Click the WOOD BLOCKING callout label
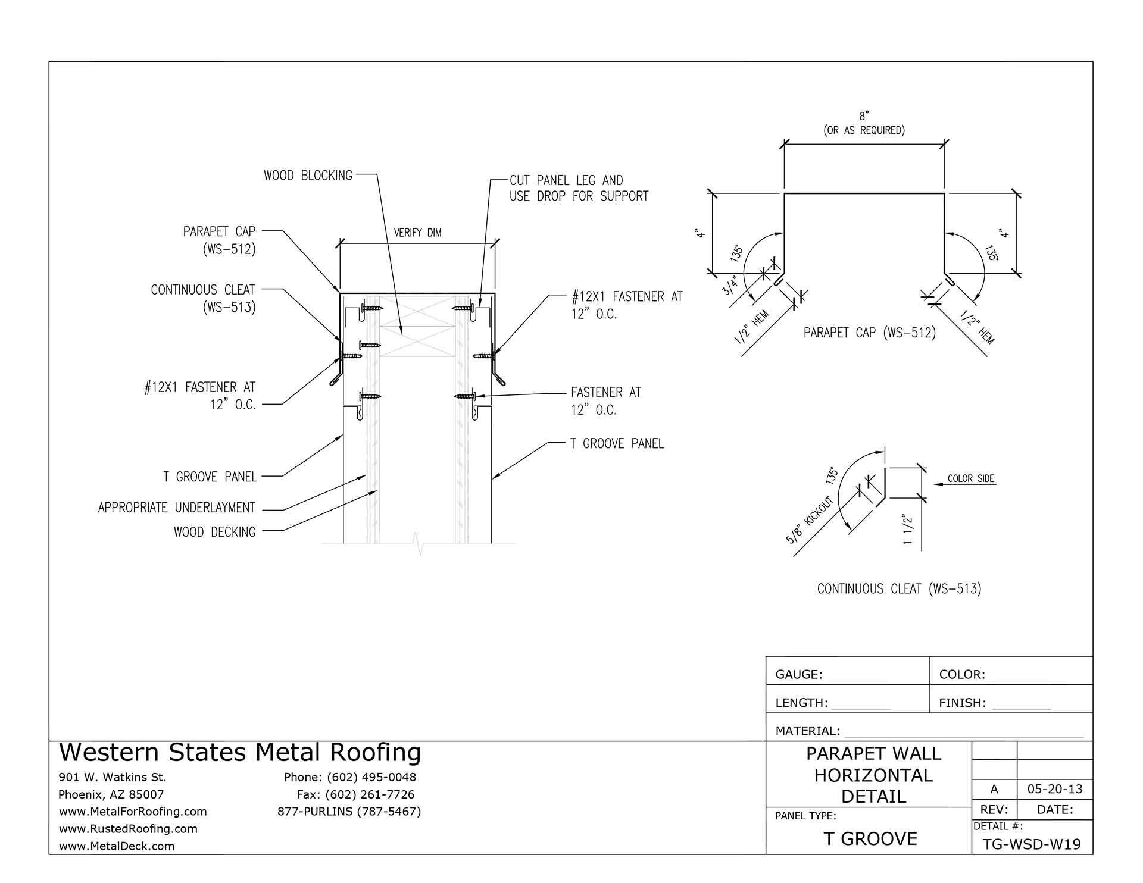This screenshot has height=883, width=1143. point(308,176)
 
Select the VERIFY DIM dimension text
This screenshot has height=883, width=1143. point(417,233)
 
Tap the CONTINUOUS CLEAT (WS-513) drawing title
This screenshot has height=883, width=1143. point(899,589)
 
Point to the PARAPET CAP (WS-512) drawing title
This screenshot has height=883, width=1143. point(869,333)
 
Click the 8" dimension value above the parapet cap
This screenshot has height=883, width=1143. point(864,117)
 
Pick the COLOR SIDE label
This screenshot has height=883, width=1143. point(971,478)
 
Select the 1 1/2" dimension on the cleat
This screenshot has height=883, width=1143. point(908,530)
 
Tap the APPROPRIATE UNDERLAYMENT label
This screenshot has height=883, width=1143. point(177,508)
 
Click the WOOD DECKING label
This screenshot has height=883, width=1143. point(214,532)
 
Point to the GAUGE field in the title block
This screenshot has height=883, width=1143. point(798,675)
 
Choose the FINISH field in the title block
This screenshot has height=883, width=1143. point(962,703)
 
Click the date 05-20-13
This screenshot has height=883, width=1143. point(1055,790)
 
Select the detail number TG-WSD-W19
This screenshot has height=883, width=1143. point(1032,844)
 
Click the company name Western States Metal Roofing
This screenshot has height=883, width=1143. point(240,753)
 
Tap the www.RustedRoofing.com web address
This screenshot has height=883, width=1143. point(127,829)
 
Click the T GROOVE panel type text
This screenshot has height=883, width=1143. point(870,839)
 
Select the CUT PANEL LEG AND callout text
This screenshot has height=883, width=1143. point(566,180)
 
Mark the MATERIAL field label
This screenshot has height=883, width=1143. point(807,731)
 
